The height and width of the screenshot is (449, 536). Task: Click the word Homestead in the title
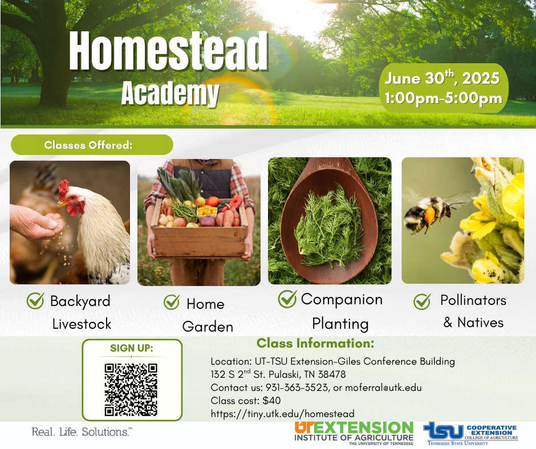click(x=169, y=51)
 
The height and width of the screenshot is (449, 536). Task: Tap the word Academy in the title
click(x=170, y=93)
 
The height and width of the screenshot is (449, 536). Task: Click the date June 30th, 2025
click(x=442, y=78)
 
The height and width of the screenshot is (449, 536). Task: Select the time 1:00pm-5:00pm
click(x=444, y=98)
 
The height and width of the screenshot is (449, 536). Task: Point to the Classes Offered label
click(x=88, y=145)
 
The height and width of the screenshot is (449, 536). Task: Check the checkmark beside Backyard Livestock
click(x=35, y=301)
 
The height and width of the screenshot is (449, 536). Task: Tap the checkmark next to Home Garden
click(x=172, y=303)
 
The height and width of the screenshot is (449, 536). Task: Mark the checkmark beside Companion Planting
click(x=287, y=299)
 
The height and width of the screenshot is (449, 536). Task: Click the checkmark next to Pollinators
click(x=422, y=301)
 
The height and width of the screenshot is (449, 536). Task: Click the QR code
click(x=131, y=390)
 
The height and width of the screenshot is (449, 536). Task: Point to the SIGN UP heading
click(x=132, y=348)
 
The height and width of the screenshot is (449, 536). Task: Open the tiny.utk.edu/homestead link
click(x=283, y=414)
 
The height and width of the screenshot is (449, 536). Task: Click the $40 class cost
click(x=272, y=401)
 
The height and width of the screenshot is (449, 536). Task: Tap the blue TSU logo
click(x=444, y=431)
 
